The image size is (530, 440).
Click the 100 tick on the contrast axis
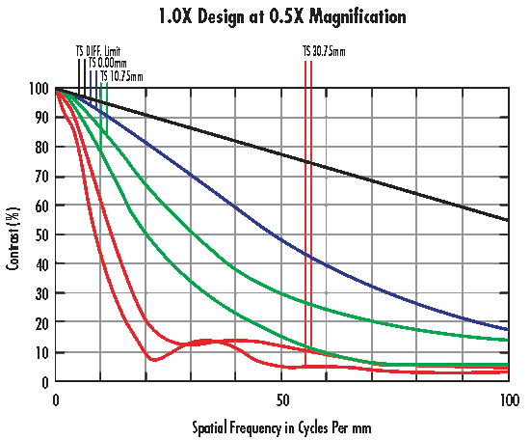click(x=40, y=89)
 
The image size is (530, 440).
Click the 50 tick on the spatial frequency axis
click(x=281, y=399)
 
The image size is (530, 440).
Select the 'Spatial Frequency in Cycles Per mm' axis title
click(x=281, y=425)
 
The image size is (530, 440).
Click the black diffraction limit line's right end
click(x=507, y=220)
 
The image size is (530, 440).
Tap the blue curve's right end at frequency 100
click(x=507, y=329)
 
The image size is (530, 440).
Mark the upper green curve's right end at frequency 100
click(x=507, y=340)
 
